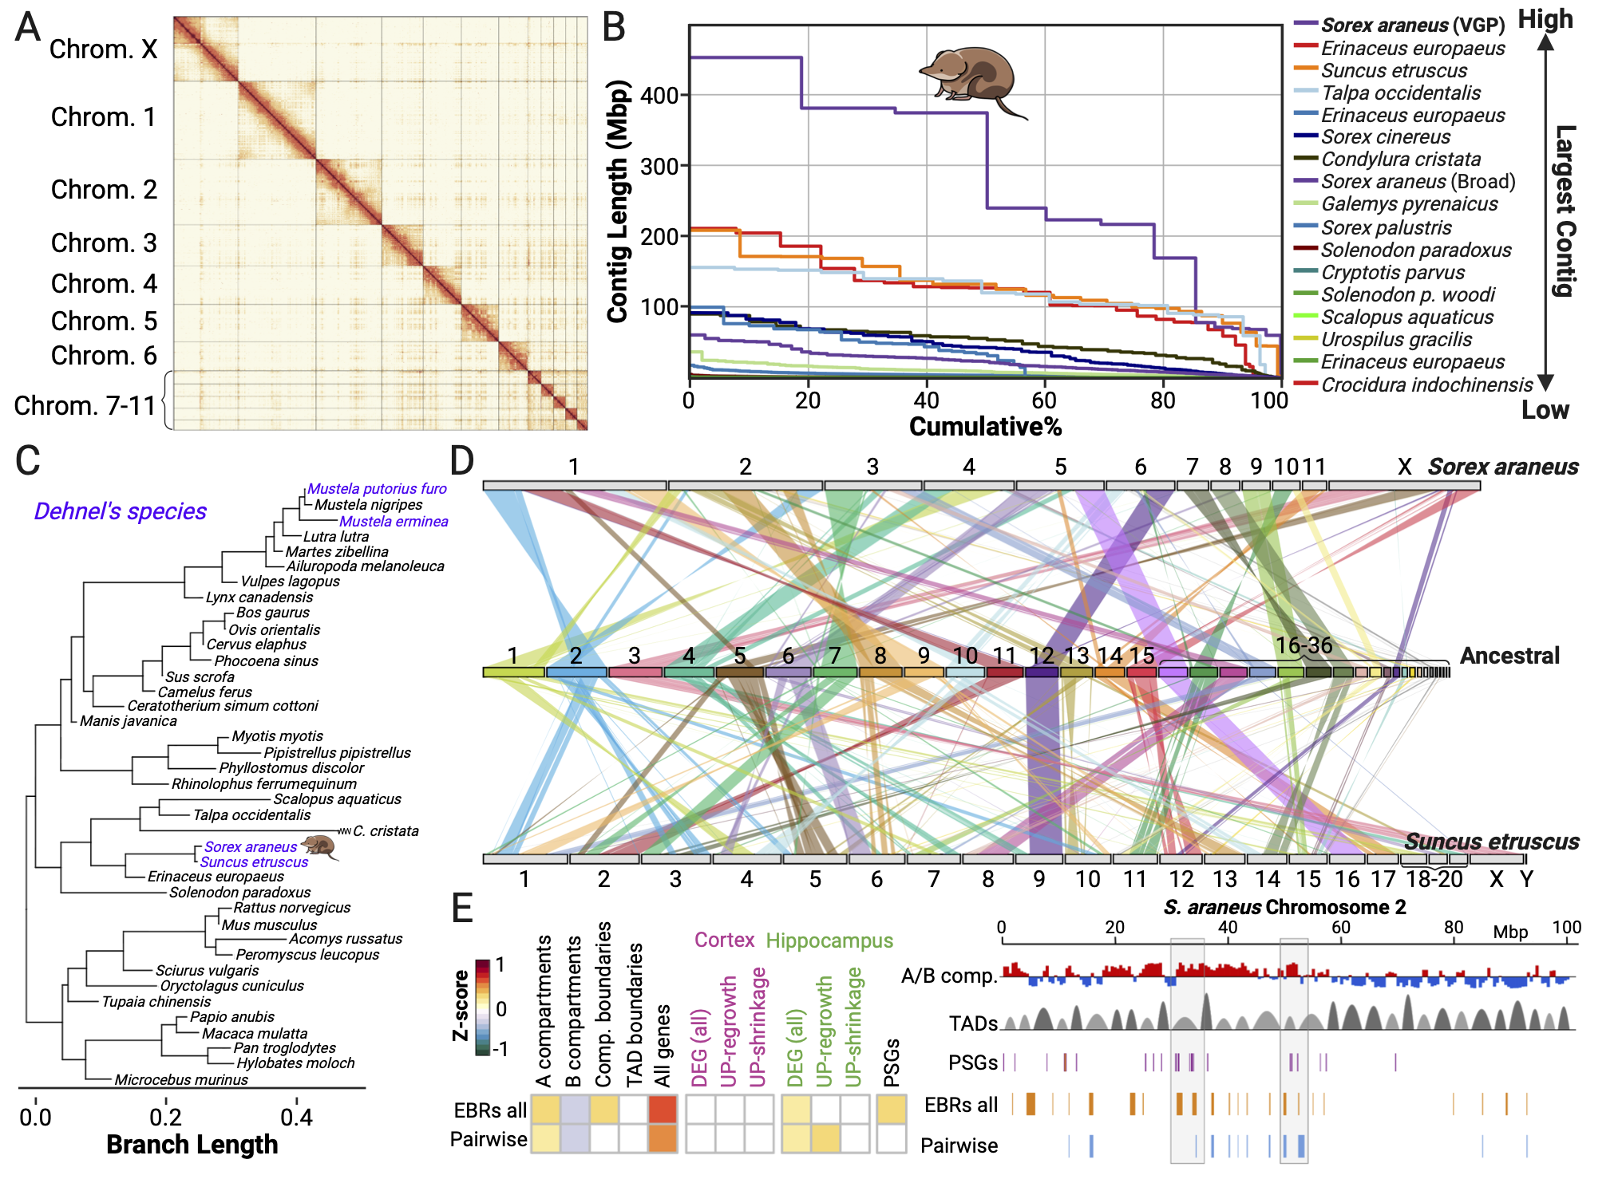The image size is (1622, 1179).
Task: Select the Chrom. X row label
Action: tap(103, 49)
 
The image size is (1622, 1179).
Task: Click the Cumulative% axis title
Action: tap(985, 427)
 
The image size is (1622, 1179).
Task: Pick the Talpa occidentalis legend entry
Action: tap(1400, 93)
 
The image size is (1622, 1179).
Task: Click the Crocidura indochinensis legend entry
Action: tap(1426, 385)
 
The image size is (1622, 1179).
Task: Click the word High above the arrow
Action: tap(1545, 19)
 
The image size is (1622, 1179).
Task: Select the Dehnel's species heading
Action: tap(121, 511)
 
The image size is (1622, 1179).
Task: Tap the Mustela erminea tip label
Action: tap(394, 522)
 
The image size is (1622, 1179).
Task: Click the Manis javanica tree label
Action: tap(129, 721)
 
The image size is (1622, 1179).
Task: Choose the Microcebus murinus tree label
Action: tap(181, 1080)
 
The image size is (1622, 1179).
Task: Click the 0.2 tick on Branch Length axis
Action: tap(165, 1117)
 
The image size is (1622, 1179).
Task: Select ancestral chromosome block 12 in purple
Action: tap(1041, 672)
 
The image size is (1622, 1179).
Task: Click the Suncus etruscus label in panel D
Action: tap(1491, 842)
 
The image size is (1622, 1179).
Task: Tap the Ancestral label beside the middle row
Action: tap(1509, 656)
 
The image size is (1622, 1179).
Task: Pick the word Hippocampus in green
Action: tap(829, 940)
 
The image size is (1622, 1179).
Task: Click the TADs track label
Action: tap(973, 1023)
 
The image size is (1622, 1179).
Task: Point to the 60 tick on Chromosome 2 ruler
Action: tap(1340, 928)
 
